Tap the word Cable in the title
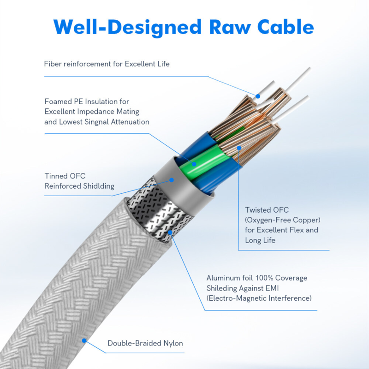pyautogui.click(x=282, y=27)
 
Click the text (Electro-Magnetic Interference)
pyautogui.click(x=259, y=298)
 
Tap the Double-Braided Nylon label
pyautogui.click(x=145, y=343)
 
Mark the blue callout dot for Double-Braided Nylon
pyautogui.click(x=84, y=340)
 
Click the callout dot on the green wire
pyautogui.click(x=194, y=163)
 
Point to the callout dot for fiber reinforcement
pyautogui.click(x=258, y=96)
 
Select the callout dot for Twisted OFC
pyautogui.click(x=239, y=148)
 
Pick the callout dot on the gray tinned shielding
pyautogui.click(x=172, y=180)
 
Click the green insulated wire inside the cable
pyautogui.click(x=203, y=164)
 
